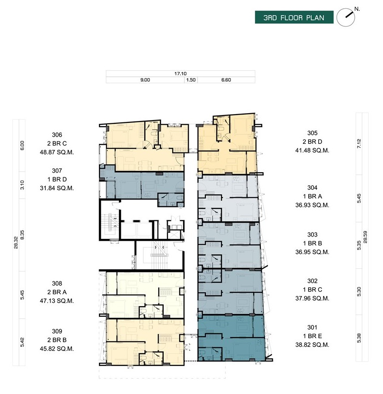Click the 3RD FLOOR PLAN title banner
pyautogui.click(x=294, y=18)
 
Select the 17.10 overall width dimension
pyautogui.click(x=180, y=73)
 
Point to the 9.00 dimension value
pyautogui.click(x=145, y=80)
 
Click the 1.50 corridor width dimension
pyautogui.click(x=191, y=80)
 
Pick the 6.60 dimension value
pyautogui.click(x=226, y=80)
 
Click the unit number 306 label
pyautogui.click(x=57, y=135)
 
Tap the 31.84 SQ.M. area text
pyautogui.click(x=57, y=188)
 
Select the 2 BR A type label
pyautogui.click(x=57, y=292)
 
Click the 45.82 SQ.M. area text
pyautogui.click(x=57, y=349)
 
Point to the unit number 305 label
pyautogui.click(x=312, y=133)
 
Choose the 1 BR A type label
pyautogui.click(x=312, y=196)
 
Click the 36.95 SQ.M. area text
pyautogui.click(x=312, y=252)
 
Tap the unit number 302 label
pyautogui.click(x=312, y=281)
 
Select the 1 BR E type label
pyautogui.click(x=312, y=336)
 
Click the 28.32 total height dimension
pyautogui.click(x=16, y=243)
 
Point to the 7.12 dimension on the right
pyautogui.click(x=359, y=144)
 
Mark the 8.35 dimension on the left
pyautogui.click(x=22, y=235)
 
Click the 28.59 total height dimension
pyautogui.click(x=365, y=237)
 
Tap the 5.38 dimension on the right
pyautogui.click(x=359, y=338)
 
